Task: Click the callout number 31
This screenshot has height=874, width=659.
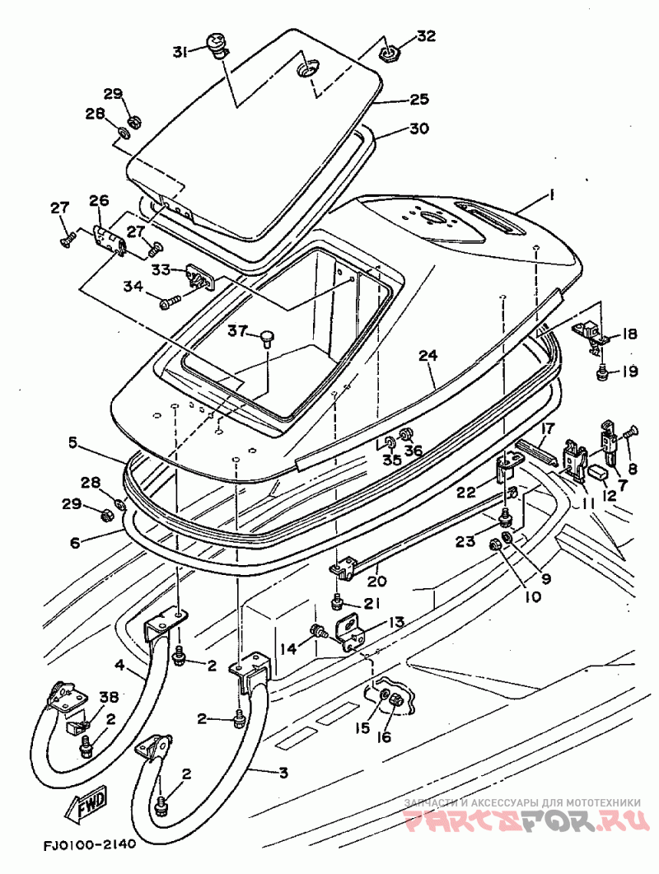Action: (180, 52)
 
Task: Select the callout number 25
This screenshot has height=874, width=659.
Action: (419, 99)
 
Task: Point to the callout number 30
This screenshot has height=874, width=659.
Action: (419, 129)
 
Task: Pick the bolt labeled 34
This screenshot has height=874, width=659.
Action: (170, 301)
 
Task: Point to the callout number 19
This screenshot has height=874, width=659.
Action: (630, 371)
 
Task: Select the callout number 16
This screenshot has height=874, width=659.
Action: (385, 736)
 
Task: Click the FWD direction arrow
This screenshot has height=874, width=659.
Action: (86, 806)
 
